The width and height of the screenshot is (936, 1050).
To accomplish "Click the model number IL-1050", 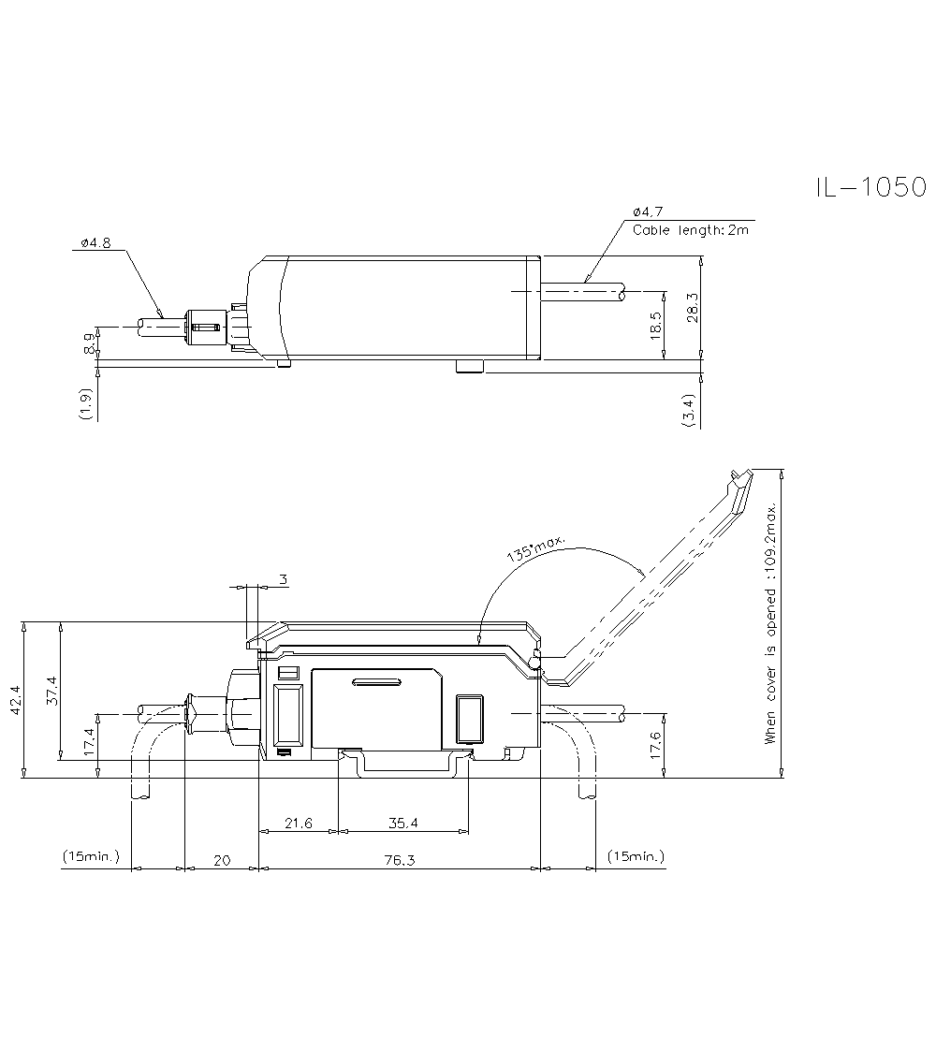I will coord(870,187).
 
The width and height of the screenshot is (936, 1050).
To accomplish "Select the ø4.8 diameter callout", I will coord(95,242).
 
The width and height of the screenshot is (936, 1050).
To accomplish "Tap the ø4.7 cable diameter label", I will coord(648,211).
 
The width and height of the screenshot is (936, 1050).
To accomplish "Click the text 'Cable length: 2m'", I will coord(691,229).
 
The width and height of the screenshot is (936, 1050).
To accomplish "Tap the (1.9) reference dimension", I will coord(86,402).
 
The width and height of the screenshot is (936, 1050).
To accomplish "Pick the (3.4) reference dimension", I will coord(690,411).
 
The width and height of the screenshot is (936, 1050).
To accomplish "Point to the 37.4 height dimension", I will coord(52,691).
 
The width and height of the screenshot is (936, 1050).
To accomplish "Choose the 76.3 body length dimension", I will coord(399,860).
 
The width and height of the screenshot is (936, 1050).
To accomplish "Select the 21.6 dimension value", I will coord(298,823).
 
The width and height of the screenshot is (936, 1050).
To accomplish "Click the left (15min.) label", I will coord(91,856).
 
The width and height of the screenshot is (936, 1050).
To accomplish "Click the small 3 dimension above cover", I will coord(283,579).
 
